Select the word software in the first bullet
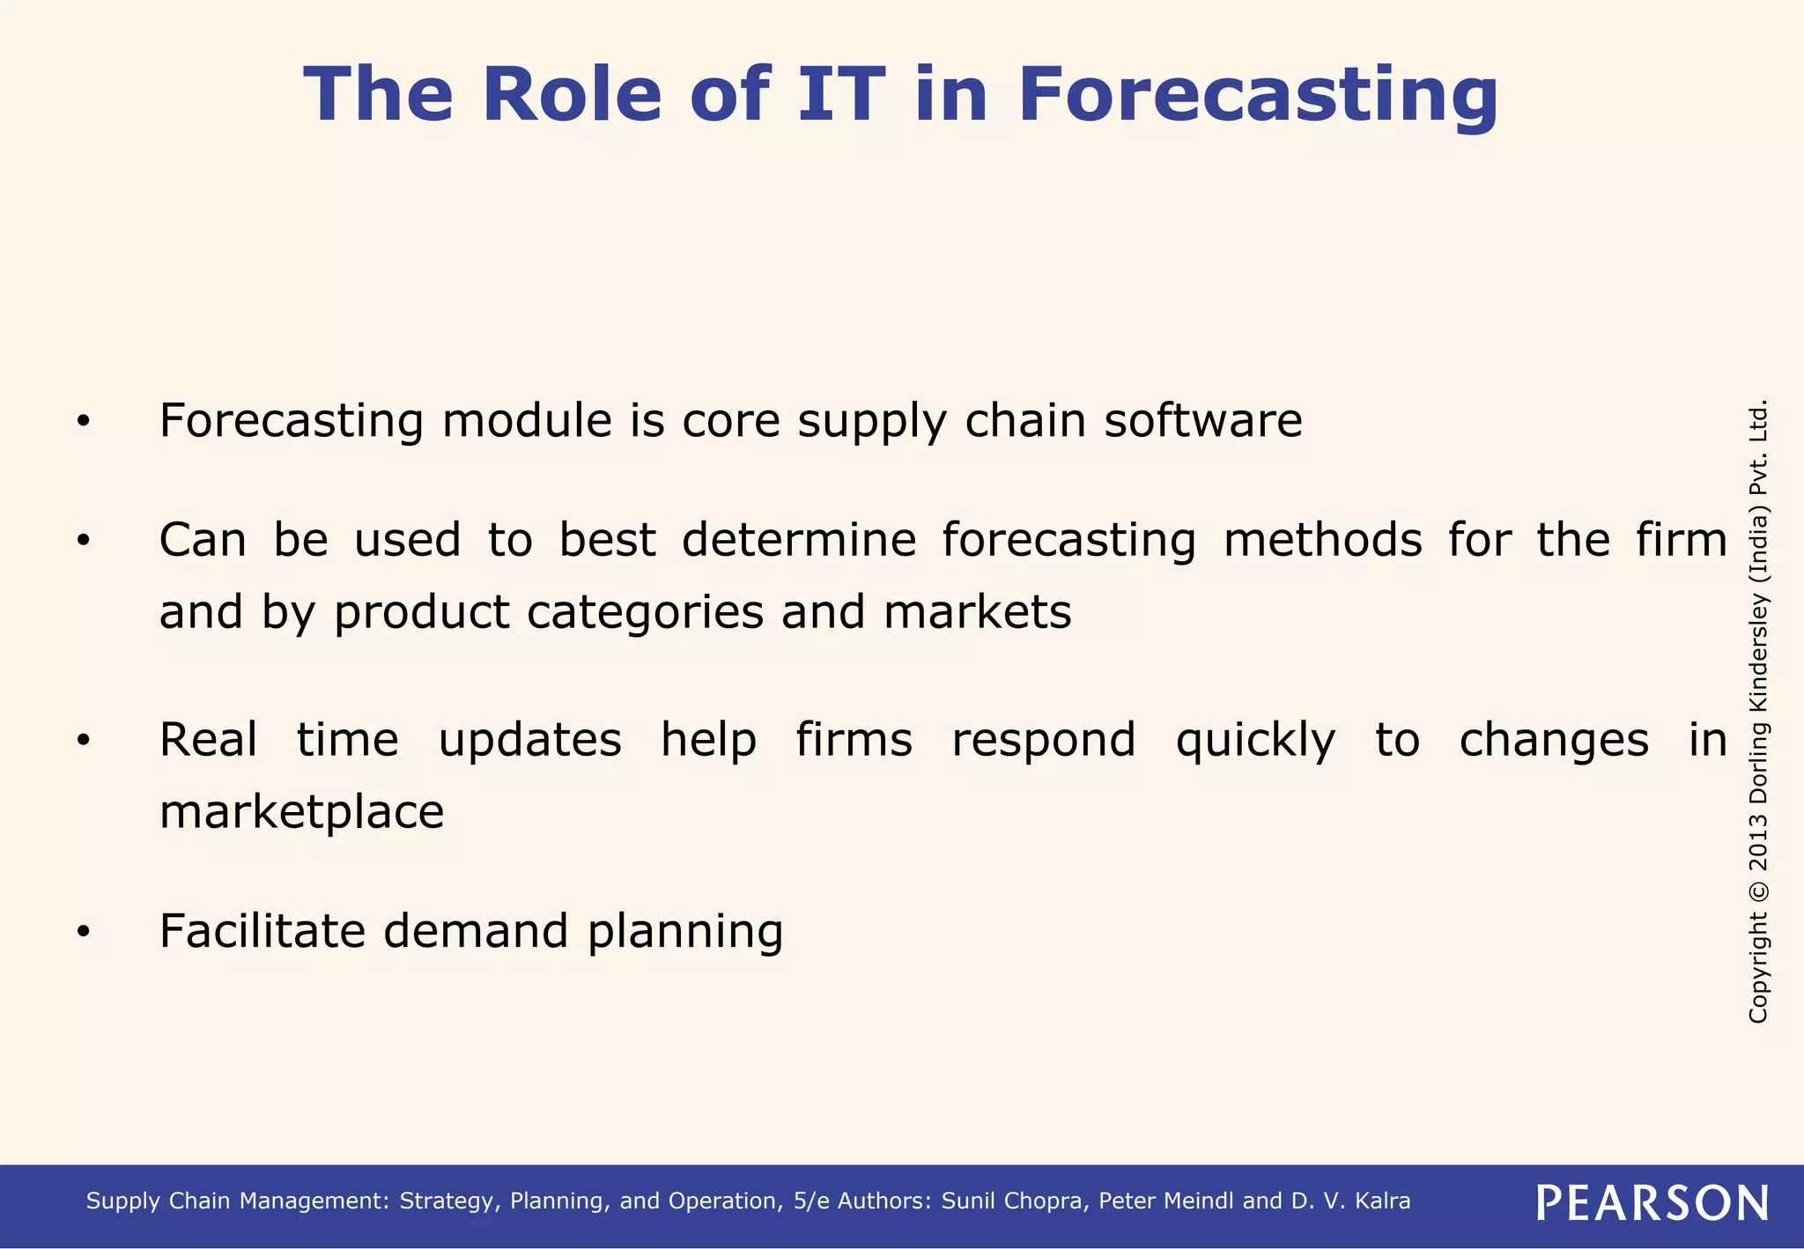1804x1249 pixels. click(1203, 420)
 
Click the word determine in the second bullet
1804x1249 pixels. click(799, 539)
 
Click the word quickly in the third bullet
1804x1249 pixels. click(1255, 740)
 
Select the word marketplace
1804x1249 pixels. click(301, 811)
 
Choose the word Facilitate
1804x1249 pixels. click(262, 931)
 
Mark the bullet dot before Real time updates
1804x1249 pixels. click(83, 741)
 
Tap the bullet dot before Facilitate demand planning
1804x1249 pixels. click(83, 932)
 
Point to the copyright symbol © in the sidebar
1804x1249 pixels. click(1757, 891)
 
